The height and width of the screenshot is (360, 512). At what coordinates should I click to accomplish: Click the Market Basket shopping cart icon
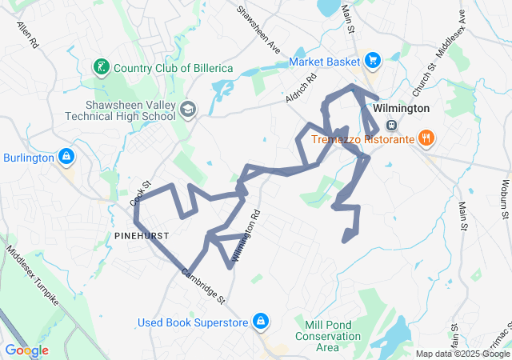[372, 61]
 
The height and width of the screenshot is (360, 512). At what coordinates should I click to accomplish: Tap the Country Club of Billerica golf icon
[102, 67]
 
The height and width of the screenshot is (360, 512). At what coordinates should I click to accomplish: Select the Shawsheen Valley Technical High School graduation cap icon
[188, 109]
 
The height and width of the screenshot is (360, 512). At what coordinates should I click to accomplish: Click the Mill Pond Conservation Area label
[327, 336]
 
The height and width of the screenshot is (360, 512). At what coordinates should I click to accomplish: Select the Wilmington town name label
[402, 108]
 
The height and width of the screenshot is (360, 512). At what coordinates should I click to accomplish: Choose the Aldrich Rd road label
[302, 88]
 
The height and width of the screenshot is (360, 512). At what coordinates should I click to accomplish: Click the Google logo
[26, 350]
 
